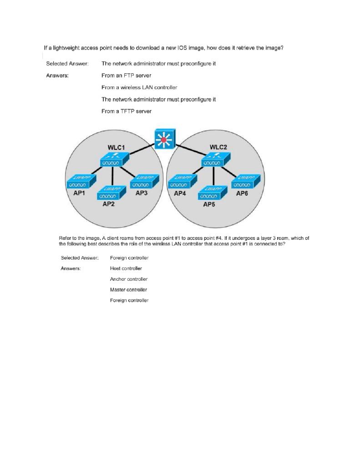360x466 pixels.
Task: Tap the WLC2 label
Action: click(218, 147)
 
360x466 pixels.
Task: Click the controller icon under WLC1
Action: click(115, 160)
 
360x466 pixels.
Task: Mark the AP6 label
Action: click(243, 193)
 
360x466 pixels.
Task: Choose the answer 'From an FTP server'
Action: click(127, 75)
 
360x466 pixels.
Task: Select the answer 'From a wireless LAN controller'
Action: click(139, 87)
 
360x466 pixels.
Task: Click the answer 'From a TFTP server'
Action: click(127, 111)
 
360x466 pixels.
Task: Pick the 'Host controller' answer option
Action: click(126, 268)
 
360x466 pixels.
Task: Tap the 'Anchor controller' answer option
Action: click(129, 279)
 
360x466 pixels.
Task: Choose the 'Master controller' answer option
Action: click(128, 289)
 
